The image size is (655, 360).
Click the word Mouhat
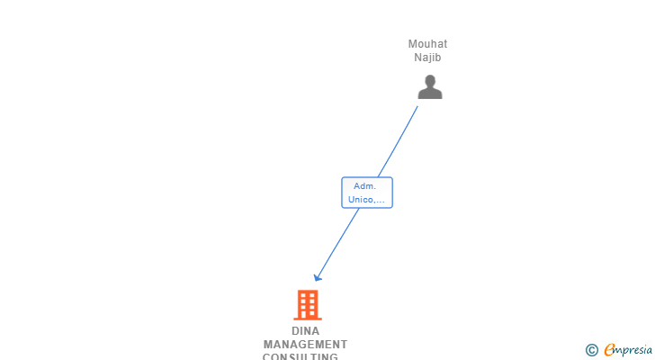pyautogui.click(x=427, y=44)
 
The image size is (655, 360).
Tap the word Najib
pyautogui.click(x=427, y=58)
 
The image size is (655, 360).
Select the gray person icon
pyautogui.click(x=430, y=86)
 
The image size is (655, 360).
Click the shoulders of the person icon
pyautogui.click(x=430, y=93)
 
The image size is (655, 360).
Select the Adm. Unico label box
pyautogui.click(x=367, y=193)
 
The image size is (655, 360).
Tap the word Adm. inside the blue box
pyautogui.click(x=364, y=186)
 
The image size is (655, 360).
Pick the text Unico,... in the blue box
pyautogui.click(x=367, y=200)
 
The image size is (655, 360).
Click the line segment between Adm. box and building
pyautogui.click(x=337, y=243)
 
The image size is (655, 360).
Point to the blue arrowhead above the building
pyautogui.click(x=317, y=277)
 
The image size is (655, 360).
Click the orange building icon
pyautogui.click(x=307, y=305)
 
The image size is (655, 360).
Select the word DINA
pyautogui.click(x=305, y=331)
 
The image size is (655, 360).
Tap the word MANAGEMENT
pyautogui.click(x=305, y=345)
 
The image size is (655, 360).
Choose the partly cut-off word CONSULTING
pyautogui.click(x=301, y=356)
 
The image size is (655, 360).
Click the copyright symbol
pyautogui.click(x=591, y=350)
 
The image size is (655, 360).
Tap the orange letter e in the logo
pyautogui.click(x=609, y=350)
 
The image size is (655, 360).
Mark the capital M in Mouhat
pyautogui.click(x=413, y=44)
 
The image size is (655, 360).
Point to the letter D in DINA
pyautogui.click(x=295, y=331)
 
